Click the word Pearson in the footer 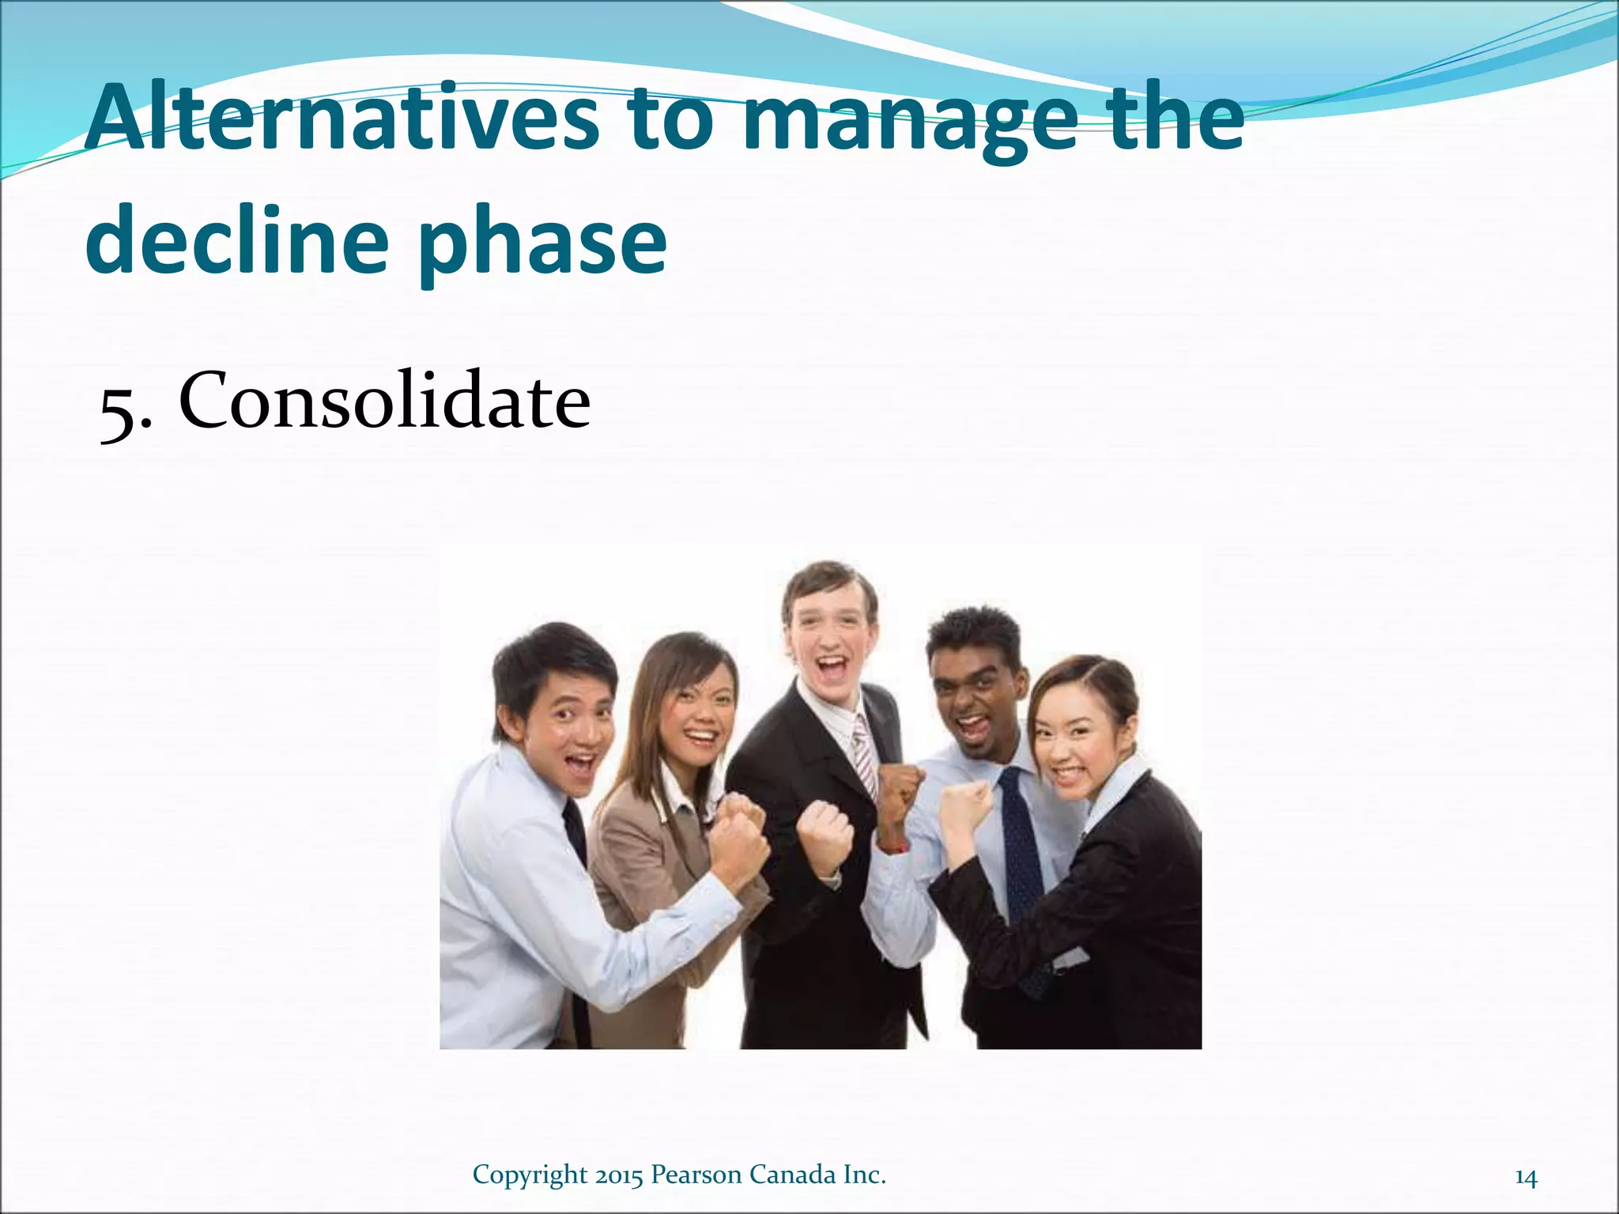(x=695, y=1174)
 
